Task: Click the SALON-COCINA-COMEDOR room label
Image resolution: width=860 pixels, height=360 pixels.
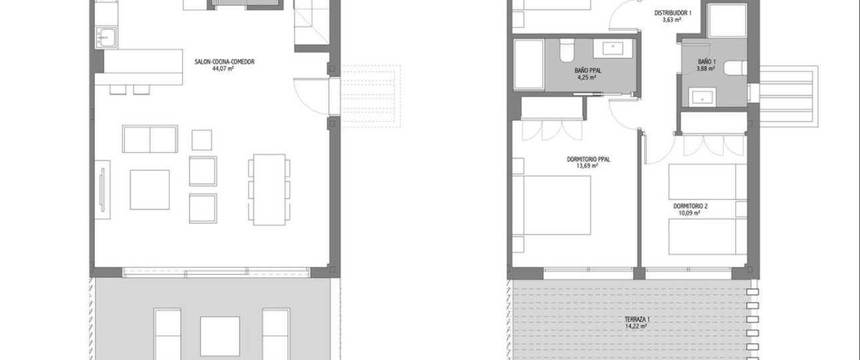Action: (224, 61)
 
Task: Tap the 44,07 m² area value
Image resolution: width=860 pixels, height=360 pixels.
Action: (223, 69)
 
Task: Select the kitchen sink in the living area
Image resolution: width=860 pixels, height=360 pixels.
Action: (107, 37)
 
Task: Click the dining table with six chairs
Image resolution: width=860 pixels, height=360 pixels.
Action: (269, 189)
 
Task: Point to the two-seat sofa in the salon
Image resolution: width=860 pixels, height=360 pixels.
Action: (150, 139)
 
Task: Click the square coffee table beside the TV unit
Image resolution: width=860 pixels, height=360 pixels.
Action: (150, 189)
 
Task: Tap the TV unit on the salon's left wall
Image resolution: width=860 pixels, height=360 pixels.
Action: (103, 189)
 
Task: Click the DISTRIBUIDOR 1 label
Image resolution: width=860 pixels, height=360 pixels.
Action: (673, 13)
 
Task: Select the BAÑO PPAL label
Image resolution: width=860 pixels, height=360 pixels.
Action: (588, 71)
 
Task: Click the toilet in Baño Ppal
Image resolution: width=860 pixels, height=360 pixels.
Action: (567, 50)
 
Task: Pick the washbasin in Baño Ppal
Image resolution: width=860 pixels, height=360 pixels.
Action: (613, 49)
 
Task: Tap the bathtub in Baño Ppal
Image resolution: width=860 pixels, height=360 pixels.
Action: (529, 64)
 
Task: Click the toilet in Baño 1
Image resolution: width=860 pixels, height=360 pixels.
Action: (735, 68)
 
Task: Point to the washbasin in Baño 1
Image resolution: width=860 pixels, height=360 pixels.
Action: (702, 97)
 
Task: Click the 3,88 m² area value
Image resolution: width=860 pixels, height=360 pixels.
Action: (705, 69)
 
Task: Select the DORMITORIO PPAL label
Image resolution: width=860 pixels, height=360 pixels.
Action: (588, 159)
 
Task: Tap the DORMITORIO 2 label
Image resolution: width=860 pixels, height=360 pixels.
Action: (690, 206)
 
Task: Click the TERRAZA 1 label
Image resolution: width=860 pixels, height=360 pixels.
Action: (637, 319)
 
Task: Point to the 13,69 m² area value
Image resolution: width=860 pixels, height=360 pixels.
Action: (587, 166)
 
